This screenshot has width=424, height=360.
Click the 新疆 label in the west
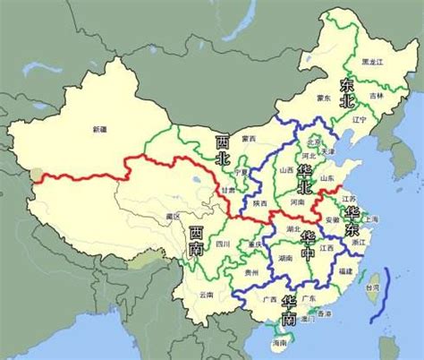pos(99,131)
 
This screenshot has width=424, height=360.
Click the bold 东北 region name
pos(348,90)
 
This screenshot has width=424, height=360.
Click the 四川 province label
pos(223,243)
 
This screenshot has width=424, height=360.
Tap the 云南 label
pos(207,294)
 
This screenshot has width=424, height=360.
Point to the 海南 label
pos(280,342)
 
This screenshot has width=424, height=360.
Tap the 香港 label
pos(324,313)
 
